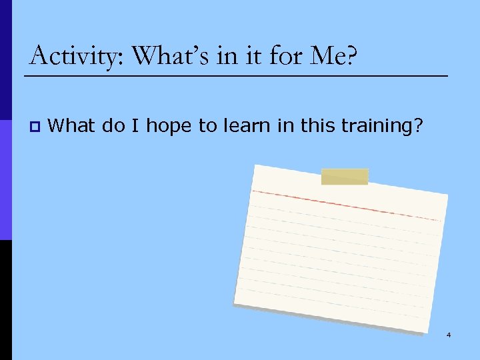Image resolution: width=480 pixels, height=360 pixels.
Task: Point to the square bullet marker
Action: click(35, 126)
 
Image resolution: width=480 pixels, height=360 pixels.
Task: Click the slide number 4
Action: click(449, 335)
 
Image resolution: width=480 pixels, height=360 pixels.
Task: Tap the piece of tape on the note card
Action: click(345, 177)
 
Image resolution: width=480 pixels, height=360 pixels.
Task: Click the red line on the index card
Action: click(347, 205)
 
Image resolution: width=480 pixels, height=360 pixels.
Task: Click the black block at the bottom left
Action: click(5, 300)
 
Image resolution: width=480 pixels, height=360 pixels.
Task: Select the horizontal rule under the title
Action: click(236, 76)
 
